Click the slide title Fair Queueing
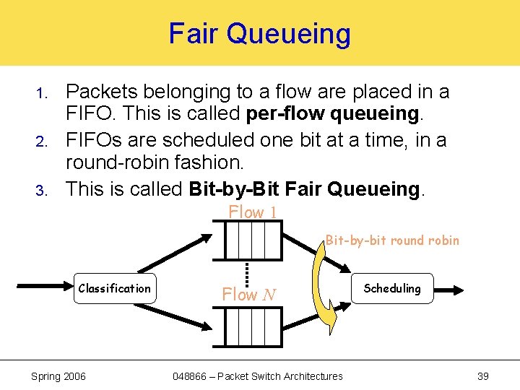(259, 33)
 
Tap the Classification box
(115, 289)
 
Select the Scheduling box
(392, 288)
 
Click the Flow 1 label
(252, 212)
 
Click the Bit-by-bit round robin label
(392, 240)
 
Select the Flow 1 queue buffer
(253, 240)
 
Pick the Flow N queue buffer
(253, 327)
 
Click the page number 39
(483, 376)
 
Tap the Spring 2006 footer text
(58, 376)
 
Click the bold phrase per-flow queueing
(333, 115)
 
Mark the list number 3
(42, 191)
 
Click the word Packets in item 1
(101, 92)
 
